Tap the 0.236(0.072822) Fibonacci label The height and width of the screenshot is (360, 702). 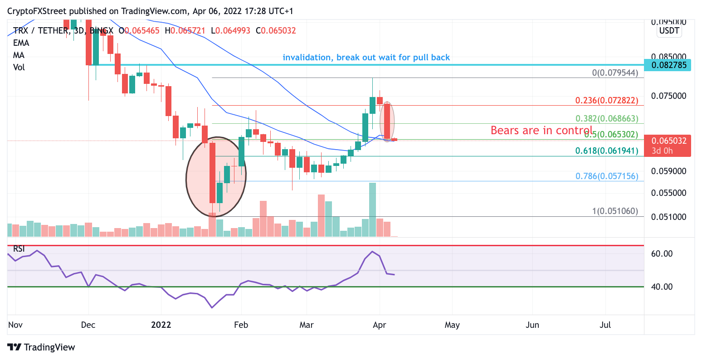[x=606, y=100]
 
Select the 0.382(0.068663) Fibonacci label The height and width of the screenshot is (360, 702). [x=606, y=118]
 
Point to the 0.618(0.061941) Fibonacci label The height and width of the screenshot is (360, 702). [x=606, y=151]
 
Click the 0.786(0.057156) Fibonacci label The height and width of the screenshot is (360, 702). [x=606, y=176]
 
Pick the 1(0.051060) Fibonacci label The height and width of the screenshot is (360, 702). [x=614, y=211]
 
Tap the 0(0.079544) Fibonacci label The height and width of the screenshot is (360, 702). [x=614, y=73]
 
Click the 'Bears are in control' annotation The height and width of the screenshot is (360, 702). [x=541, y=131]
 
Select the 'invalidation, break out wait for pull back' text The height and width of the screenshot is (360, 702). [x=366, y=58]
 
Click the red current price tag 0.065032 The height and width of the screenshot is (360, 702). [x=668, y=141]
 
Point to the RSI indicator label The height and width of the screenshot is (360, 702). [x=19, y=248]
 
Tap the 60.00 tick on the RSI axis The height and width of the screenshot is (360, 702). [x=662, y=253]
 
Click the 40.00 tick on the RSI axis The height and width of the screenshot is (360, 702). [x=662, y=287]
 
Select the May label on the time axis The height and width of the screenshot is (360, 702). [x=452, y=325]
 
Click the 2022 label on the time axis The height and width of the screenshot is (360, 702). [x=161, y=325]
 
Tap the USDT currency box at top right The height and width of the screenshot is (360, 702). [x=669, y=31]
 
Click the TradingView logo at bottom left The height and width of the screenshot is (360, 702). [x=41, y=347]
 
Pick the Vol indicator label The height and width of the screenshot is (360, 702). [x=19, y=67]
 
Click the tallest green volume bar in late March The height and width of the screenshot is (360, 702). [x=372, y=209]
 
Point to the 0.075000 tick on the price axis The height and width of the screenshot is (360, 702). [x=668, y=96]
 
